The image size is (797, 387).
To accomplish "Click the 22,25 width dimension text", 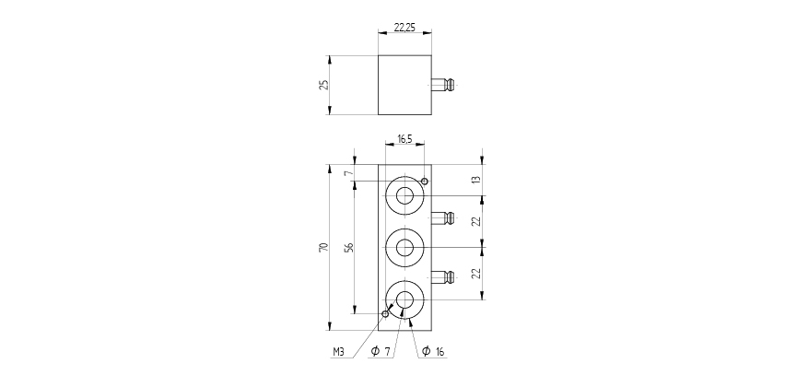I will click(x=404, y=28).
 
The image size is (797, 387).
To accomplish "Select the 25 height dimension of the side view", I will click(x=322, y=85).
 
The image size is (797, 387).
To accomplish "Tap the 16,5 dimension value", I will click(x=404, y=139).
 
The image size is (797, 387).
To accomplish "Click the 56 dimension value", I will click(x=348, y=247).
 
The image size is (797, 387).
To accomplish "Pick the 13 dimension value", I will click(x=476, y=180).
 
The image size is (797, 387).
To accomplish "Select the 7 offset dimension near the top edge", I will click(x=348, y=173).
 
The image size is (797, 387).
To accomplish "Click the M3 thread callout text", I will click(x=340, y=352).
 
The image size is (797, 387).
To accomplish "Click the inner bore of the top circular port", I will click(x=404, y=194).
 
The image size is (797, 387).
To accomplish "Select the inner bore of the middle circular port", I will click(x=404, y=246).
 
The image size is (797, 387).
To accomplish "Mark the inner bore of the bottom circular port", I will click(x=404, y=299).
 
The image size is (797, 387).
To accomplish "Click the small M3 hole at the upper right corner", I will click(x=424, y=181).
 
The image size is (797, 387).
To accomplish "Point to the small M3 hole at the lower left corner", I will click(x=385, y=313).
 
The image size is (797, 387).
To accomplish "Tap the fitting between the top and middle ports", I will click(x=443, y=218).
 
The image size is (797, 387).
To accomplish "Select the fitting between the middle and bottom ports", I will click(x=443, y=276).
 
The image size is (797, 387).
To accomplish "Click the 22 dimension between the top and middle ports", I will click(x=476, y=221).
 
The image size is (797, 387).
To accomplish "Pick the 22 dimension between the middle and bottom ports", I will click(x=476, y=274).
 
